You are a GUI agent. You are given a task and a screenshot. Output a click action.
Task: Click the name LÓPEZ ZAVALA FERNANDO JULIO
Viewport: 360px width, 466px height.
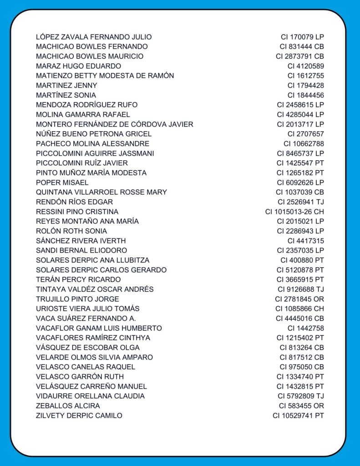click(94, 37)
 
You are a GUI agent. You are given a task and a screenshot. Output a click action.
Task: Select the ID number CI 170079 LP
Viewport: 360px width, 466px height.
click(302, 37)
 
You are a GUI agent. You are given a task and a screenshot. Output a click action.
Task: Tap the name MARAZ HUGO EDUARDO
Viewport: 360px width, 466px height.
click(78, 66)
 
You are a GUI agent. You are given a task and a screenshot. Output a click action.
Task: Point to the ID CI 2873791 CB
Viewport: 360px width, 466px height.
click(300, 56)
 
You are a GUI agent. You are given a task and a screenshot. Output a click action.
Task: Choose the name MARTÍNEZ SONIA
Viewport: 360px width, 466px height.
click(66, 95)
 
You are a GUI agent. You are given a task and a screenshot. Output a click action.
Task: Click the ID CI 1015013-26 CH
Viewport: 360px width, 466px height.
click(294, 212)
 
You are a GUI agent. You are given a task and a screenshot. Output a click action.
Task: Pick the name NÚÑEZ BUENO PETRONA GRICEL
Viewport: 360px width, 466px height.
click(94, 134)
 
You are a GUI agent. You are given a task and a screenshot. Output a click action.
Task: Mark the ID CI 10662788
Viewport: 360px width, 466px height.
click(304, 144)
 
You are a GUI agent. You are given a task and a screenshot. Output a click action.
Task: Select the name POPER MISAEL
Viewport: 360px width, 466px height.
click(62, 182)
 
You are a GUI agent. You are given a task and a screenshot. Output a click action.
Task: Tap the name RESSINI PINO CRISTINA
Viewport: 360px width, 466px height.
click(77, 212)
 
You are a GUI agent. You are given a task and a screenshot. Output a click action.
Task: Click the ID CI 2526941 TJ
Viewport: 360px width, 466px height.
click(301, 202)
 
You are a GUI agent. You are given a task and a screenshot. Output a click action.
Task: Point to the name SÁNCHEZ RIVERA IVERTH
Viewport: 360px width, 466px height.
click(81, 241)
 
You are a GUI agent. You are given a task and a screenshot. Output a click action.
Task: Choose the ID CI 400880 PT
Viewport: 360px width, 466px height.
click(302, 260)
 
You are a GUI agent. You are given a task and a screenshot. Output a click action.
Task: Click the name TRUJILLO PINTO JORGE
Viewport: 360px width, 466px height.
click(77, 299)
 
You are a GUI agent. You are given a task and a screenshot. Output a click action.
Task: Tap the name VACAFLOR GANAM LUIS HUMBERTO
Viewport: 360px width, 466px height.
click(99, 328)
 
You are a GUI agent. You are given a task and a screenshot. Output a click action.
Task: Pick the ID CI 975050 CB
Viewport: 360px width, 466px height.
click(302, 367)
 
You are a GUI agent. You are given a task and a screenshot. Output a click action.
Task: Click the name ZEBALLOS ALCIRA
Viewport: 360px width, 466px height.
click(68, 405)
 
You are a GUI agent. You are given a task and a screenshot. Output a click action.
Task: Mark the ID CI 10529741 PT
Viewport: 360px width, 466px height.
click(299, 415)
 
